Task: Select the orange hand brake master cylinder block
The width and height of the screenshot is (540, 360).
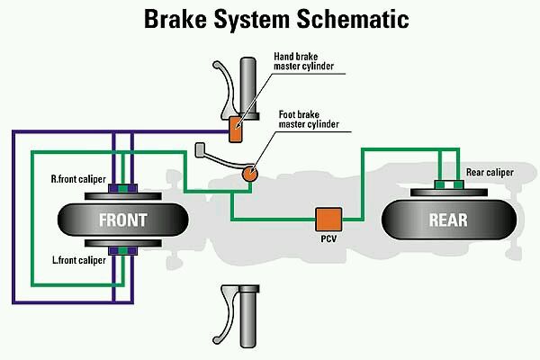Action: tap(236, 128)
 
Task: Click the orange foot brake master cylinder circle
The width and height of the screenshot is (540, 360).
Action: tap(248, 173)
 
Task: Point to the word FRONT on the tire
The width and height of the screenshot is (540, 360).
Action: tap(122, 220)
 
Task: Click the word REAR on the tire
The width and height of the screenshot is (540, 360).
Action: tap(447, 220)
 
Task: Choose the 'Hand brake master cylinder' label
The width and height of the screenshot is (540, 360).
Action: tap(309, 62)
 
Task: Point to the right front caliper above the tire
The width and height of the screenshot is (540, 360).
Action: tap(122, 190)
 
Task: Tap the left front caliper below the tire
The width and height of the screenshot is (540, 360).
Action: tap(122, 249)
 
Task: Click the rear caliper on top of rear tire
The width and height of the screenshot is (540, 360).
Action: tap(447, 186)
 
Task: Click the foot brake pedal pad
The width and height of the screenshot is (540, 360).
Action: tap(202, 147)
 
